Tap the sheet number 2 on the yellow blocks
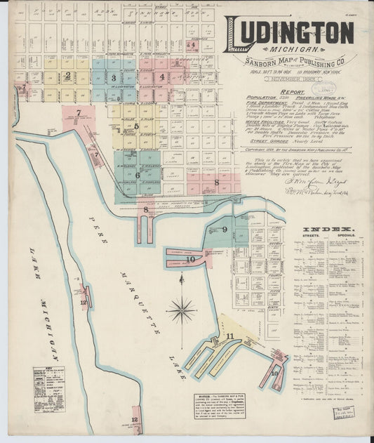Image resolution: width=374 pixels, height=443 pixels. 67,76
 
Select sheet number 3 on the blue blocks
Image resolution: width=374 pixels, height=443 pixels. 114,77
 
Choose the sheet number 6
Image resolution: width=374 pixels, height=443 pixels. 138,176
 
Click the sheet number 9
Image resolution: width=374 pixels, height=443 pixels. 225,230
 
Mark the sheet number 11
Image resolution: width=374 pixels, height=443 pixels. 229,336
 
